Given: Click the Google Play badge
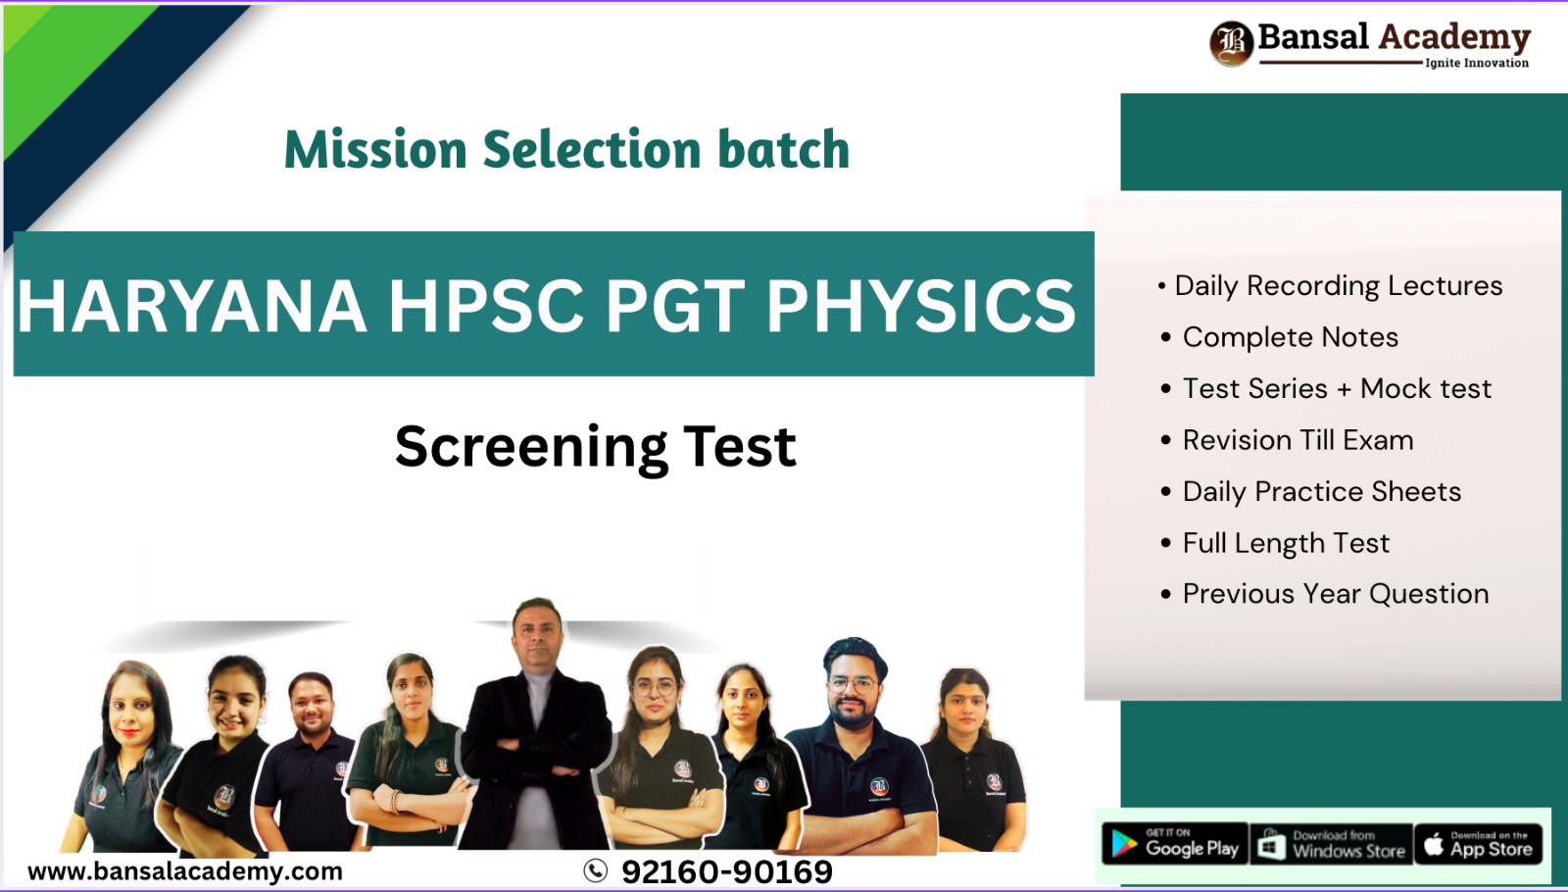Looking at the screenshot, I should [x=1175, y=844].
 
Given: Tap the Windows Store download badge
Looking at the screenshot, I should [x=1331, y=844].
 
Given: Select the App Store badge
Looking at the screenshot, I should [x=1479, y=844].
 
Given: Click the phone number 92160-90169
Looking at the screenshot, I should [x=726, y=871].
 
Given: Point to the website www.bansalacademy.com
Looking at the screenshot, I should [x=185, y=871].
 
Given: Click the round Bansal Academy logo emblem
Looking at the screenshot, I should [x=1231, y=43].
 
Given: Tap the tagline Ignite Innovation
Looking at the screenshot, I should [x=1476, y=63].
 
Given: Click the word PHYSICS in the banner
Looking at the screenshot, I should [x=920, y=306].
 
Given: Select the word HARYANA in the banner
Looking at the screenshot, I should [x=192, y=306].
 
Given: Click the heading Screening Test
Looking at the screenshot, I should [x=595, y=447].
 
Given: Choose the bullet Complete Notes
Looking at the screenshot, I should [x=1290, y=337].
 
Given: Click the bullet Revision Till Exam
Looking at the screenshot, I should [x=1298, y=440].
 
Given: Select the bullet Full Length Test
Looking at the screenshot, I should [x=1286, y=543].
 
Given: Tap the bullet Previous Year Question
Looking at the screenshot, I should [x=1335, y=594].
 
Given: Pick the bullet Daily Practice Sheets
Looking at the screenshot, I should [x=1321, y=492].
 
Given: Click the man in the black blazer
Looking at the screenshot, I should [x=537, y=725].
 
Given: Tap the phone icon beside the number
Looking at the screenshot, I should [x=595, y=870].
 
